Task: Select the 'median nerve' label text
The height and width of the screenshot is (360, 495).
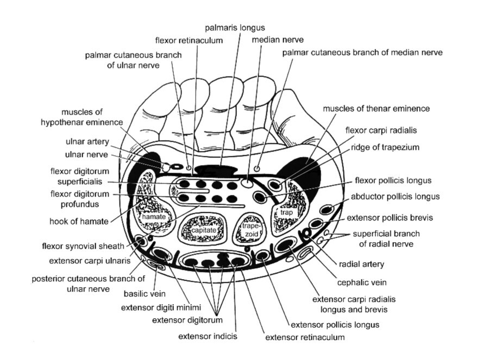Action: (278, 40)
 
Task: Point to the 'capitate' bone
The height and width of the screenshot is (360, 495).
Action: (203, 230)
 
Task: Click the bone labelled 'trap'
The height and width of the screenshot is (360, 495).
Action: (286, 213)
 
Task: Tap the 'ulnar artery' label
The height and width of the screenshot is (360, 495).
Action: (90, 142)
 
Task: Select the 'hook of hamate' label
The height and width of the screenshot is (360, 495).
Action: (78, 221)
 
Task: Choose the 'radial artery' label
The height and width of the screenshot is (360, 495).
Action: (361, 264)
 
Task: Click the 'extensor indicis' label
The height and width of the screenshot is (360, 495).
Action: (208, 336)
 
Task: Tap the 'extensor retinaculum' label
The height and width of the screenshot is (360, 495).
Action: (305, 338)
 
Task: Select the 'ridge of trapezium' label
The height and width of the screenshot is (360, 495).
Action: (385, 147)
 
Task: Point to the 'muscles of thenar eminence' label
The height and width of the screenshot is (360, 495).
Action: (376, 109)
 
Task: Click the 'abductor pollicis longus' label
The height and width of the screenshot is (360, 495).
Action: (395, 197)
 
